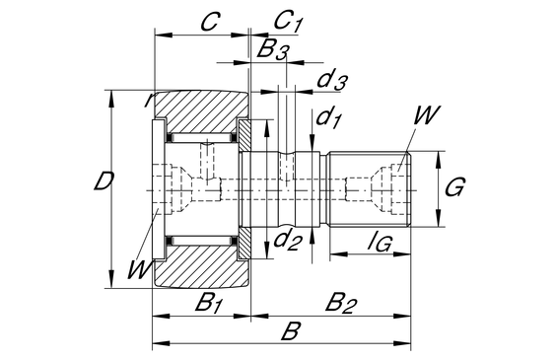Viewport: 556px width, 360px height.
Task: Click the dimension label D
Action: pos(104,180)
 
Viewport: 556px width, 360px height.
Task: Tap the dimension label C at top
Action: pos(211,22)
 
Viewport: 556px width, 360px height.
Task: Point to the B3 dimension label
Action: pos(273,49)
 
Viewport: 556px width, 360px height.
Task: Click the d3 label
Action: pos(331,81)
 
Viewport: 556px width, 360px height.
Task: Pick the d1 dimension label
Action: pos(328,117)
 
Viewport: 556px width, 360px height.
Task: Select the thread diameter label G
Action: pos(454,186)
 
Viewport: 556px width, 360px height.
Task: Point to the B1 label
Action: pos(209,303)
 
